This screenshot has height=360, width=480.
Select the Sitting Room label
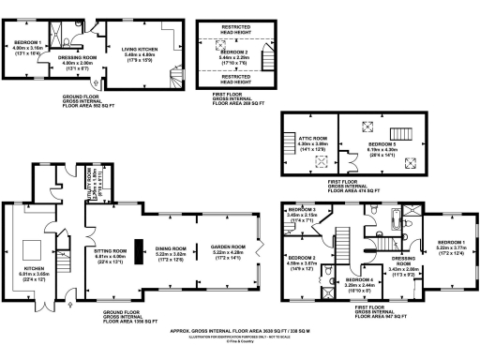tap(111, 255)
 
